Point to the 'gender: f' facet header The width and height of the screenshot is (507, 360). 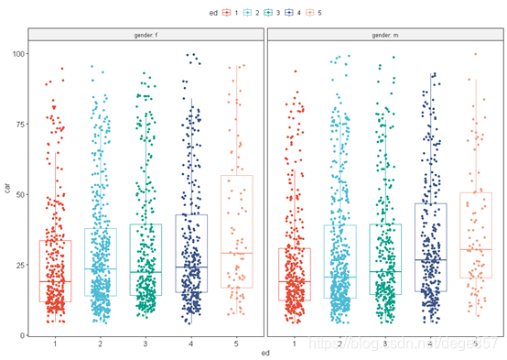click(x=146, y=35)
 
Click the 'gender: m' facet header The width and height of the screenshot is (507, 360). click(x=384, y=35)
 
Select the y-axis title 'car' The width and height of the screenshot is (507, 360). click(x=7, y=190)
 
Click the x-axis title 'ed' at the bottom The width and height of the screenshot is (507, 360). click(x=265, y=354)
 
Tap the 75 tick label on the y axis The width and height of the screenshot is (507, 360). click(x=18, y=125)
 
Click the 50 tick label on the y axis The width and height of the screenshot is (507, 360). click(x=18, y=195)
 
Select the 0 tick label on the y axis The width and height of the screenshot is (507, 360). click(x=21, y=335)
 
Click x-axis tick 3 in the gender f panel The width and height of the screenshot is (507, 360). click(x=146, y=344)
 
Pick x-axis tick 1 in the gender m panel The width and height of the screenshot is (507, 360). click(x=295, y=344)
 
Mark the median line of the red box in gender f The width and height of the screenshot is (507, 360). click(x=56, y=281)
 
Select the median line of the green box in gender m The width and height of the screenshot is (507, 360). click(x=384, y=271)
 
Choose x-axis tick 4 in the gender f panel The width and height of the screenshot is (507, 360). click(x=190, y=344)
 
